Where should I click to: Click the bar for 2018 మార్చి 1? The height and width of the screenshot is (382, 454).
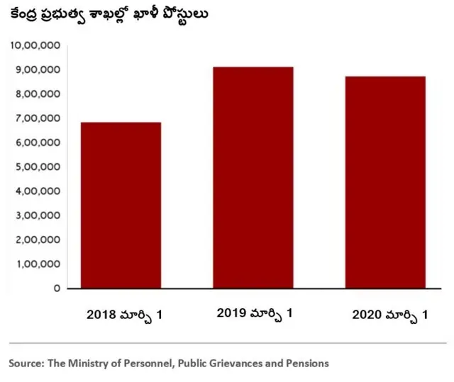[121, 206]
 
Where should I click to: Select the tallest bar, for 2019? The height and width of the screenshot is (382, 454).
[253, 177]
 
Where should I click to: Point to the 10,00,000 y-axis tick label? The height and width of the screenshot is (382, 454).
[34, 45]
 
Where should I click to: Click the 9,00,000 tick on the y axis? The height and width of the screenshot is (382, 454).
[37, 69]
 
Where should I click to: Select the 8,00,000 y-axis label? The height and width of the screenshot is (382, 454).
[37, 94]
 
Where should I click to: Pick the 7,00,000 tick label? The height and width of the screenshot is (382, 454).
[37, 118]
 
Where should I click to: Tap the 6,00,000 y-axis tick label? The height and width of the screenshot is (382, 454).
[37, 142]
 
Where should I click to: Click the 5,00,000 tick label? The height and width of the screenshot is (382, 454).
[37, 167]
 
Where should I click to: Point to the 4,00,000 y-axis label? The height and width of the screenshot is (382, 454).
[37, 191]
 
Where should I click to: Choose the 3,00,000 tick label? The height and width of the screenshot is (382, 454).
[37, 215]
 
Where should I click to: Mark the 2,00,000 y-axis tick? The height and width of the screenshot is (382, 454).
[37, 240]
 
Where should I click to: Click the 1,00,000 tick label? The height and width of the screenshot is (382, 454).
[37, 264]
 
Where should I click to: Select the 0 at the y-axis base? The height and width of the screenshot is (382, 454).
[56, 288]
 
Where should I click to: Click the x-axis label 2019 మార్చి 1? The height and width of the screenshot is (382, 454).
[254, 312]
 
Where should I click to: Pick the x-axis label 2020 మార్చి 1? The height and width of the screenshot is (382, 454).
[389, 313]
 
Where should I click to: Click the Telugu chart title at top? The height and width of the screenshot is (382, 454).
[109, 14]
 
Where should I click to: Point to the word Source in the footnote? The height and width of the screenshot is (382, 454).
[26, 363]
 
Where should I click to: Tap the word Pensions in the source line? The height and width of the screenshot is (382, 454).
[306, 363]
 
